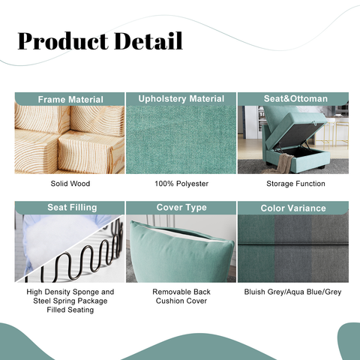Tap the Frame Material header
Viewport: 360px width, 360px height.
(x=70, y=100)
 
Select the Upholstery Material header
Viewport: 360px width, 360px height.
(x=181, y=99)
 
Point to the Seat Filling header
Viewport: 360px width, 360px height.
(x=70, y=208)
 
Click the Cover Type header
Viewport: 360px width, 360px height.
(x=181, y=207)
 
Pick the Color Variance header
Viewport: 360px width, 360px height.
(x=292, y=208)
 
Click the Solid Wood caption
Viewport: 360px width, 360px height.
(x=70, y=183)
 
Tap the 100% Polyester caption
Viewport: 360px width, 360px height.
(x=181, y=183)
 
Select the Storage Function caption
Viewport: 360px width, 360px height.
(x=292, y=183)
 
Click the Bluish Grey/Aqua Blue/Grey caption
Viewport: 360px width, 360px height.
(x=292, y=292)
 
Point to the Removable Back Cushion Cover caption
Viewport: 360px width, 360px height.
(x=181, y=296)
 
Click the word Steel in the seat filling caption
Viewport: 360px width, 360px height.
(x=41, y=301)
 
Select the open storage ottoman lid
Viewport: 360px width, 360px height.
(x=289, y=120)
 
